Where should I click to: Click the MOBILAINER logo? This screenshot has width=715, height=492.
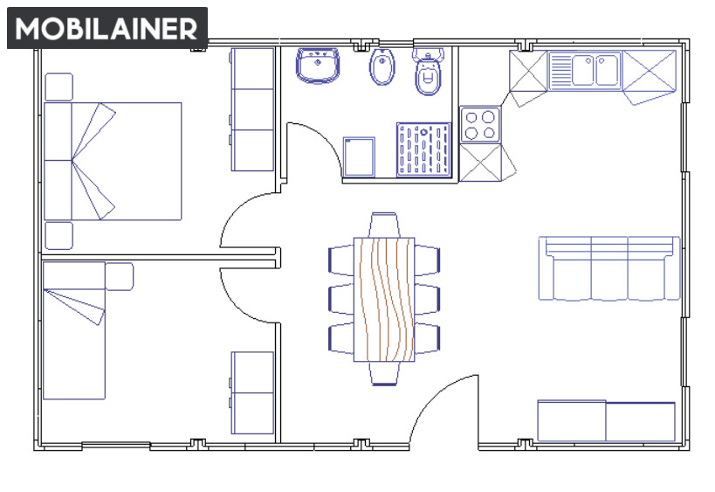[x=107, y=28]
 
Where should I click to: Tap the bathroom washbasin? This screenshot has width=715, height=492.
[x=318, y=66]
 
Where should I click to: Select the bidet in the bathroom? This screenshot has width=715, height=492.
[x=382, y=66]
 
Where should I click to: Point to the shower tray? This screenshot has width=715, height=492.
[x=423, y=149]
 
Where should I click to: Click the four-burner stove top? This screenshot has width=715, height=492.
[x=479, y=125]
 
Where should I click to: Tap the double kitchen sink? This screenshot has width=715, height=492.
[x=586, y=70]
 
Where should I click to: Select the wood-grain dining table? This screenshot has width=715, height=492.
[x=384, y=300]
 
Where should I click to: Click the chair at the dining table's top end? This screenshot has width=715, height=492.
[x=384, y=225]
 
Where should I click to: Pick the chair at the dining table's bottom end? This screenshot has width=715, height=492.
[x=384, y=374]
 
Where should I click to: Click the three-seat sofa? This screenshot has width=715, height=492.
[x=609, y=268]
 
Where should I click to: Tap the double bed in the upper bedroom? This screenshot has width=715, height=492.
[x=113, y=161]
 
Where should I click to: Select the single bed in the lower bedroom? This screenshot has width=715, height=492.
[x=74, y=330]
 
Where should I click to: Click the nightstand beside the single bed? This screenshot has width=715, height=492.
[x=120, y=276]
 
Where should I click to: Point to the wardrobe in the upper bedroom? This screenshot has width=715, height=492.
[x=251, y=109]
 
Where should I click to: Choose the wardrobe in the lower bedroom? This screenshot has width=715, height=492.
[x=251, y=392]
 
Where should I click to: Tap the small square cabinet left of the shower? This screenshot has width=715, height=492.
[x=360, y=156]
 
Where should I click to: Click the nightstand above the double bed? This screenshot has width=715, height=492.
[x=58, y=87]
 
